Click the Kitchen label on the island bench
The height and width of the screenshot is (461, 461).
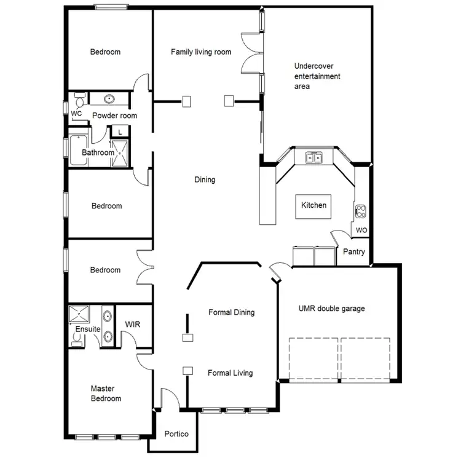tap(313, 205)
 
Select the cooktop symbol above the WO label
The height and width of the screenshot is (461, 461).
tap(361, 212)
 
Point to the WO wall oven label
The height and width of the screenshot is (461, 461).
tap(361, 230)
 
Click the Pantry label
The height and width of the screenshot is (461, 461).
tap(354, 251)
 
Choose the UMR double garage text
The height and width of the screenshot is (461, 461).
tap(331, 309)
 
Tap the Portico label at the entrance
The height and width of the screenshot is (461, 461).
tap(176, 434)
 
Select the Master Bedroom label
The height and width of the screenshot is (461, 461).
tap(106, 393)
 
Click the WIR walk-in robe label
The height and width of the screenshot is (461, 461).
tap(133, 323)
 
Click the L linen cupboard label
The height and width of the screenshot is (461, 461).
tap(120, 132)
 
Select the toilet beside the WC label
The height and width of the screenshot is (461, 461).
tap(80, 103)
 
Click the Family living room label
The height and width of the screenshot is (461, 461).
tap(201, 52)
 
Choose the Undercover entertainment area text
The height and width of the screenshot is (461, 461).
tap(317, 76)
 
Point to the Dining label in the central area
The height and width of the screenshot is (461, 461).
tap(205, 180)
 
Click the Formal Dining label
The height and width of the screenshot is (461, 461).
tap(231, 312)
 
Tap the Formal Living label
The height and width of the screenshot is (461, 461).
tap(230, 372)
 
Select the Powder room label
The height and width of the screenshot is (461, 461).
tap(114, 116)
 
